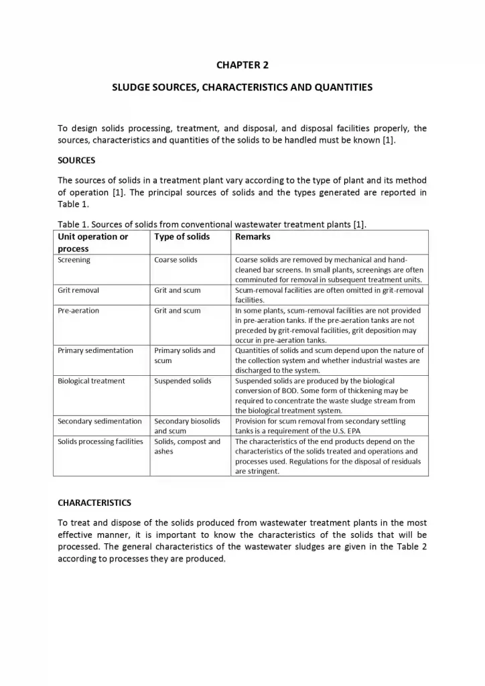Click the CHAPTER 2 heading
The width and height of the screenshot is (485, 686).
coord(242,65)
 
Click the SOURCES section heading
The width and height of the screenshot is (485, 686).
coord(76,161)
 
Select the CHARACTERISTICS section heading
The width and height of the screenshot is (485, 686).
coord(94,502)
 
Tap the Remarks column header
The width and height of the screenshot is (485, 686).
coord(253,236)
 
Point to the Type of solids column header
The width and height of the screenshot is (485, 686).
coord(182,236)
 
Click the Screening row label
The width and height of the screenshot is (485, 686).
coord(74,260)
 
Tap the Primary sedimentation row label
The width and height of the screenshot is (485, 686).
coord(95,350)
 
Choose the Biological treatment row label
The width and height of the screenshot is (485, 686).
coord(91,381)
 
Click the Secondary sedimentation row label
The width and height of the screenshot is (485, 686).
coord(100,421)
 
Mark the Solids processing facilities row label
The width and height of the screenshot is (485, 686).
coord(100,441)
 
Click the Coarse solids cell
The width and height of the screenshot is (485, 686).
coord(176,260)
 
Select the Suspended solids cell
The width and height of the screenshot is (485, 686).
coord(182,381)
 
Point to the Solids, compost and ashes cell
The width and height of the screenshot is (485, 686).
coord(187,446)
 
